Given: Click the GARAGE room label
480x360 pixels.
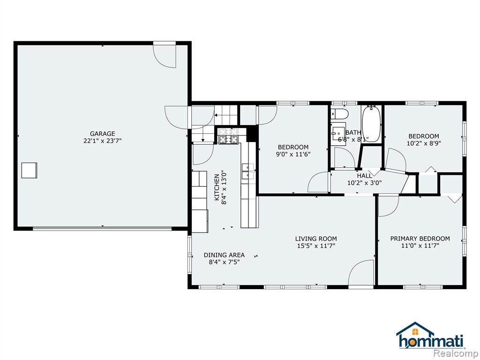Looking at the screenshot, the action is (102, 134).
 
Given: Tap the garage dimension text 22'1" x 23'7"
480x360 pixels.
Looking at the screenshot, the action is (102, 141).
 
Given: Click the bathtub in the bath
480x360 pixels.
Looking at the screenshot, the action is (371, 124).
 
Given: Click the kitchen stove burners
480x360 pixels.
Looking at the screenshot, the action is (228, 136).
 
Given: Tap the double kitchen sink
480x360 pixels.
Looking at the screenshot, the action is (248, 172).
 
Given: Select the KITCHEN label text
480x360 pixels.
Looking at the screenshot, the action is (217, 187).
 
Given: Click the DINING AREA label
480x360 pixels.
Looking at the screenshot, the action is (224, 255).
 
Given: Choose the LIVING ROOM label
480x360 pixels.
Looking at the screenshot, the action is (316, 239).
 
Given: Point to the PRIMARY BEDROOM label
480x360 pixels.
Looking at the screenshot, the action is (420, 239).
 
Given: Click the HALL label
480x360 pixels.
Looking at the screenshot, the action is (364, 176).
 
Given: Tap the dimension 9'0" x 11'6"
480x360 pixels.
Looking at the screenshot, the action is (293, 154).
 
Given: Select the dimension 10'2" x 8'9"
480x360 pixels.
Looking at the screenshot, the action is (424, 143).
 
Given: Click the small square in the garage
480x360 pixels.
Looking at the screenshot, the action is (30, 170).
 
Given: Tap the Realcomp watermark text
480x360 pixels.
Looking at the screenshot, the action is (457, 353).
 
